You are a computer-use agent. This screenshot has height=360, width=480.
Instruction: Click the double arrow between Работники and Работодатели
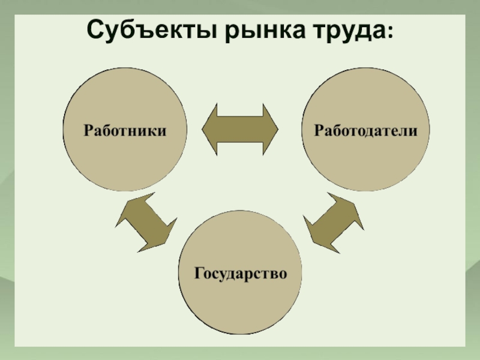pos(240,129)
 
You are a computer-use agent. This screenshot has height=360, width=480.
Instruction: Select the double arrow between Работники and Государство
pos(146,222)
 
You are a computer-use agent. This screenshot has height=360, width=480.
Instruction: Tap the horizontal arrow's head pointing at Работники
pos(209,129)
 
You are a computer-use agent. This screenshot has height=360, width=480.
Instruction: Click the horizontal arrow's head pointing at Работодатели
pos(271,129)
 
